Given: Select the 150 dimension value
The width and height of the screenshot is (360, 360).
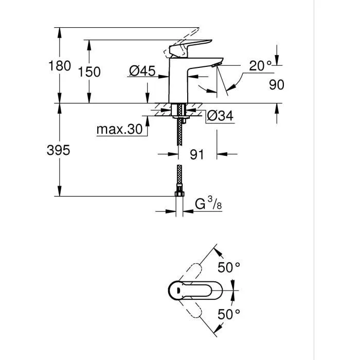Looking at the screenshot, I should point(89,71).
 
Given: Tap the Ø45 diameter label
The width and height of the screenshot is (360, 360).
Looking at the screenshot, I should point(142,71).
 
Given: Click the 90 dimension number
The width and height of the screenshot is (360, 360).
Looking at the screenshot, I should point(277,85).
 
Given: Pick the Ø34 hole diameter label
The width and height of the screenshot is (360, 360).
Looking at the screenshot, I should point(220,117).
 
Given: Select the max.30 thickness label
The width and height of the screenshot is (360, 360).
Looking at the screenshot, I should point(119,130).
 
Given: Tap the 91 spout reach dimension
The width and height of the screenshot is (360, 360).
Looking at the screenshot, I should point(197,154).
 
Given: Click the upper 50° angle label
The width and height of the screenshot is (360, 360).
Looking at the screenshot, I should point(229,267).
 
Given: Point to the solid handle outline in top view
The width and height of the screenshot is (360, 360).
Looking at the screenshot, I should point(188,290).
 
